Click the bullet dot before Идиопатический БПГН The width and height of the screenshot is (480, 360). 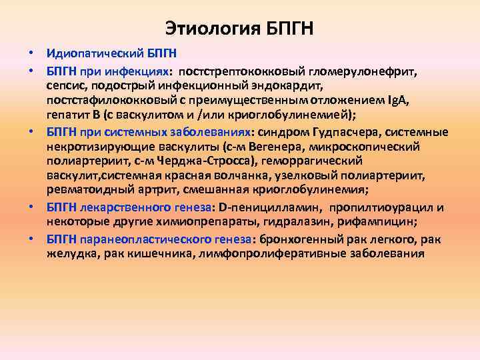click(x=31, y=53)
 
